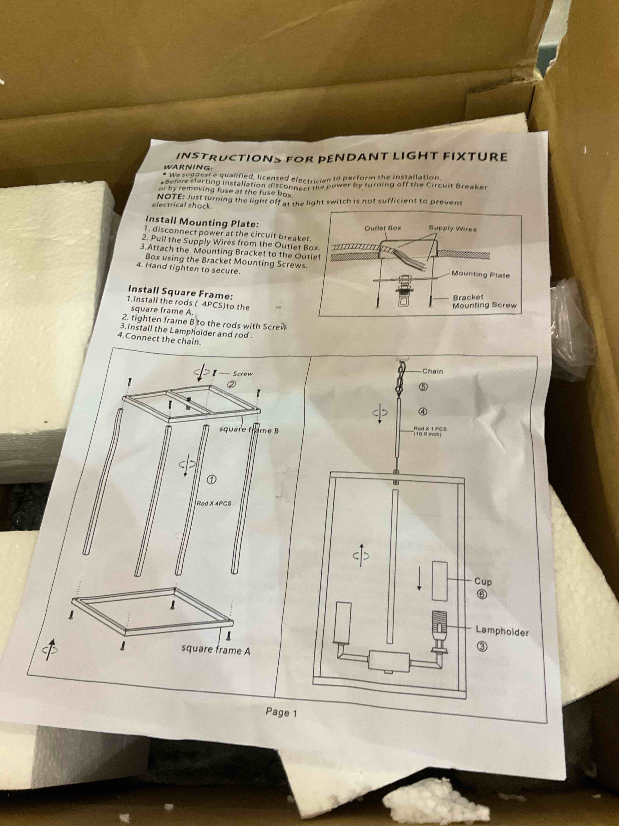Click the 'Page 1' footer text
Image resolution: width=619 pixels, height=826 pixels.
coord(281,713)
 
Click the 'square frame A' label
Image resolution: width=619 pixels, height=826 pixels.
coord(216,650)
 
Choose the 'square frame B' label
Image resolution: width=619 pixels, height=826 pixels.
coord(249,430)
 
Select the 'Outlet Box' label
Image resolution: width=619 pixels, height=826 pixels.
coord(382,228)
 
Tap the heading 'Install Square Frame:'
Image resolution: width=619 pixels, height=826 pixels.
coord(181,292)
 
